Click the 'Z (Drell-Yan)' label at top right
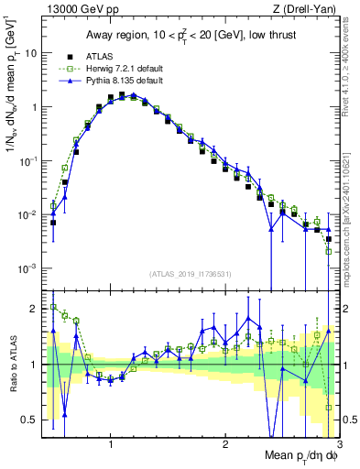(x=301, y=9)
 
